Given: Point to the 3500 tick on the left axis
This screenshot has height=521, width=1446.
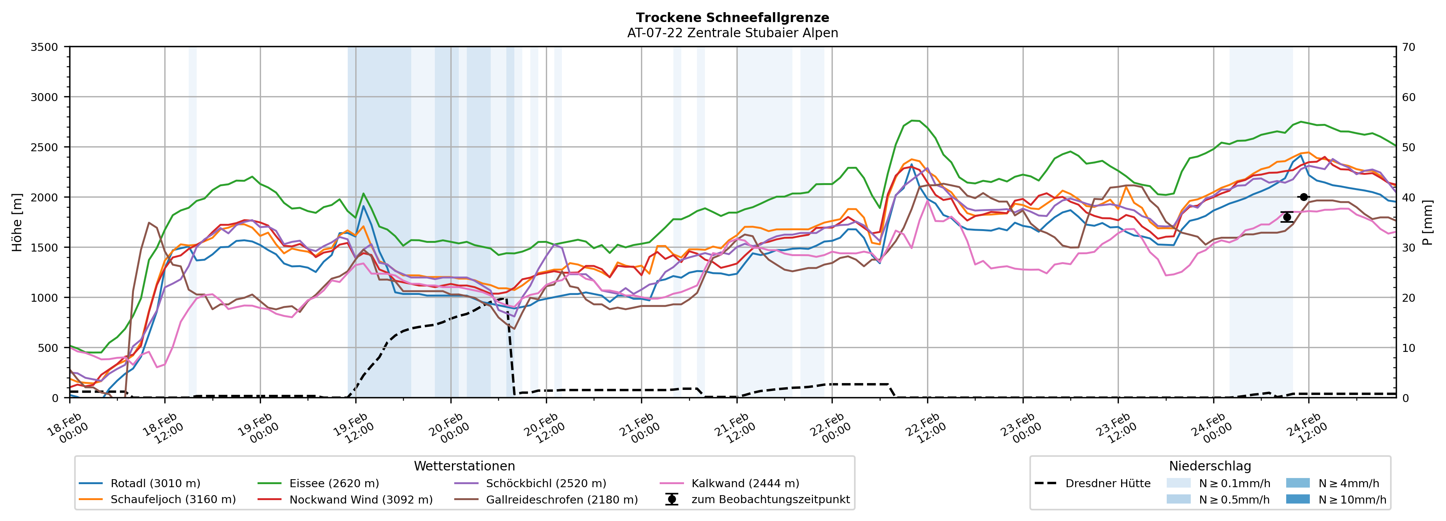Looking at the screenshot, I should pos(45,47).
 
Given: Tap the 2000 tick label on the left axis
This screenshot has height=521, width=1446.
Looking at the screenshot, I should pos(45,197).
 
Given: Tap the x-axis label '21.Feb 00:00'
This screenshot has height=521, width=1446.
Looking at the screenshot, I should pos(640,428).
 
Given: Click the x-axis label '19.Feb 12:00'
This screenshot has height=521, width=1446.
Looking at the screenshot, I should pos(354,428).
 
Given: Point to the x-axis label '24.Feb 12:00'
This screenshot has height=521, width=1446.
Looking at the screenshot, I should pos(1308,428).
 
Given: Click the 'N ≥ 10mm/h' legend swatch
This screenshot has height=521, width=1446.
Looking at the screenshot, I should pos(1298,499).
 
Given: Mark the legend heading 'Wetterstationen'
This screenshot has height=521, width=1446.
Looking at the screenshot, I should pos(464,466).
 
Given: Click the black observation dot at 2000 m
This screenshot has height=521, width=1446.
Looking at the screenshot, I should pos(1303,197).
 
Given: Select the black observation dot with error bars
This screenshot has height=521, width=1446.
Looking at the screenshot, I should pos(1287,217).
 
